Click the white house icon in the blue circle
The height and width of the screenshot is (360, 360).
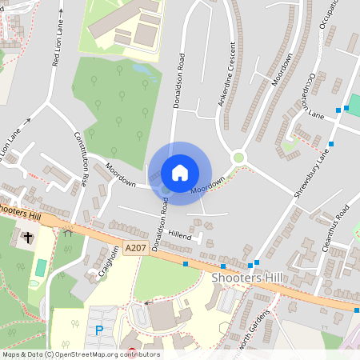click(x=180, y=172)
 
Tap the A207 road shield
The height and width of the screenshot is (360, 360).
click(x=135, y=250)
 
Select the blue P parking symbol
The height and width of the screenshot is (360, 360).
click(x=99, y=330)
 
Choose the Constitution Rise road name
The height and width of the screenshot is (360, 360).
click(x=82, y=158)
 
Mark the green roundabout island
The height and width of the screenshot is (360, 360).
click(x=238, y=158)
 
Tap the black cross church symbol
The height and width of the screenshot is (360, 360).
click(x=29, y=237)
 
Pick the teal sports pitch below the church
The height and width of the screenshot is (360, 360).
click(x=40, y=270)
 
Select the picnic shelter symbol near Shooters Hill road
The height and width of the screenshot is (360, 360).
click(x=67, y=234)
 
